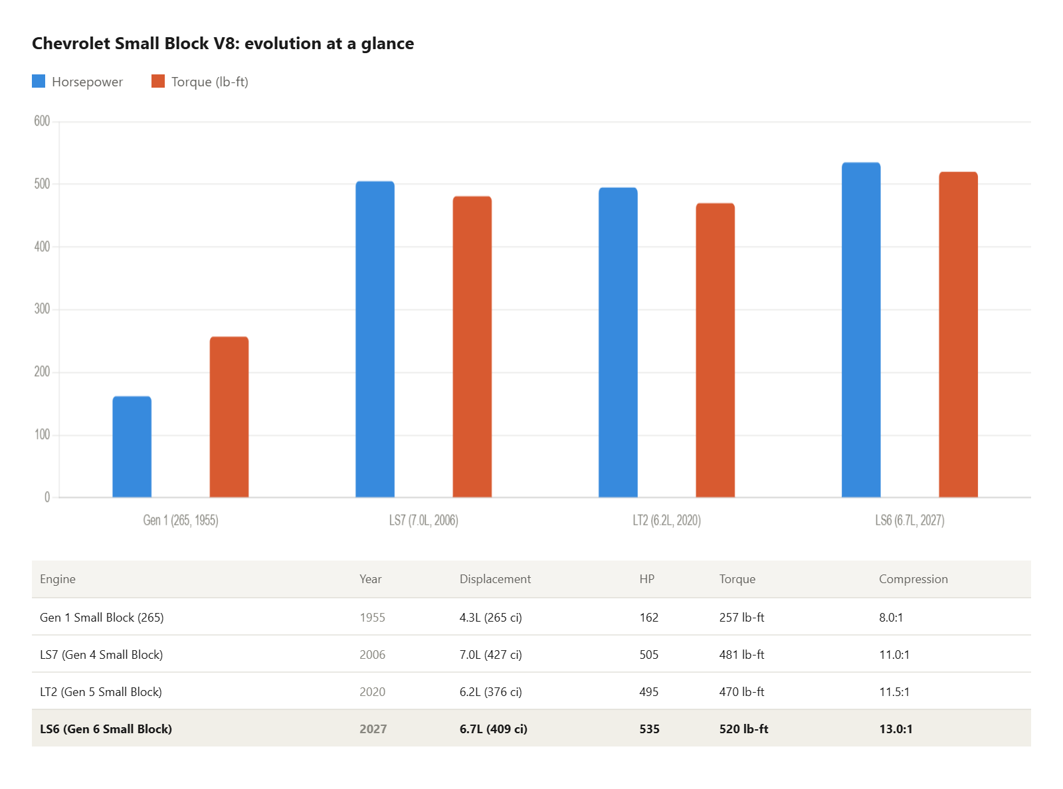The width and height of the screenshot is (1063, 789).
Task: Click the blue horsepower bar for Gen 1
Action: tap(132, 446)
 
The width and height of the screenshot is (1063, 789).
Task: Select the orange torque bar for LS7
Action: tap(472, 347)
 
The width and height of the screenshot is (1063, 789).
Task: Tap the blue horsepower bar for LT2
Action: tap(618, 342)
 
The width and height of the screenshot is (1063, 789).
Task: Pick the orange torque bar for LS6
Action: tap(958, 334)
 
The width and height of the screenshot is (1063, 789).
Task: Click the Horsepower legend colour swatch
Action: tap(39, 81)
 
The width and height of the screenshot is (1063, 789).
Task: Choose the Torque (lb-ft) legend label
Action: tap(209, 82)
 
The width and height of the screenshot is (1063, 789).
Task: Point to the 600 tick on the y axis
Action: tap(42, 121)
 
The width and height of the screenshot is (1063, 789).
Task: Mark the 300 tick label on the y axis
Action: tap(42, 309)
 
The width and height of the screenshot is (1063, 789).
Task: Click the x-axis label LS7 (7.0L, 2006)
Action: tap(423, 520)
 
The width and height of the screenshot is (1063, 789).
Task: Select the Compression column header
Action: tap(913, 579)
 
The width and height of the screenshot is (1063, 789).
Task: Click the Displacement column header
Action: tap(495, 579)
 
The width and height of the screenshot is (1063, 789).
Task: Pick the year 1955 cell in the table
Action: tap(372, 618)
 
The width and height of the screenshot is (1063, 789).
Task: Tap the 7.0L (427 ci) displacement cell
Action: tap(490, 655)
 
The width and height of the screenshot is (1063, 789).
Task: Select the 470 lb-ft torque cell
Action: tap(741, 692)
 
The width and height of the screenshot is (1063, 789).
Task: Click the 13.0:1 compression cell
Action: tap(896, 729)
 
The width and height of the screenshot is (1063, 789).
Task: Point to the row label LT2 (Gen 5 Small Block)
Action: tap(101, 692)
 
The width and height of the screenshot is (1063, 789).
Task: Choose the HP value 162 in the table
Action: tap(648, 618)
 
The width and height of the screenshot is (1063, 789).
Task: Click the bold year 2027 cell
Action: tap(373, 729)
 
